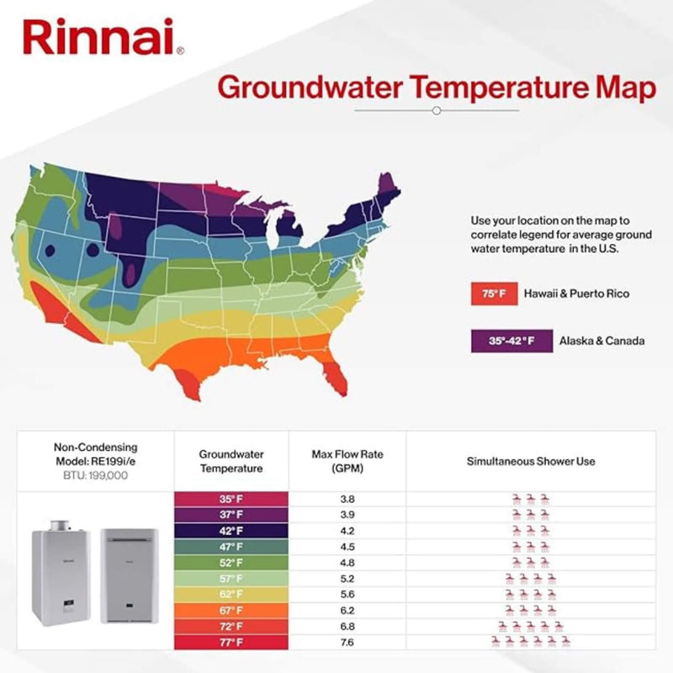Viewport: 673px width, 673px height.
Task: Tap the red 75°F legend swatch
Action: pos(490,294)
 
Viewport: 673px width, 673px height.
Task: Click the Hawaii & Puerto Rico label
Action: pos(576,294)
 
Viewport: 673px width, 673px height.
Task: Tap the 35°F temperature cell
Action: pos(231,499)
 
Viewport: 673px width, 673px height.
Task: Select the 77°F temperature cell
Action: pos(231,643)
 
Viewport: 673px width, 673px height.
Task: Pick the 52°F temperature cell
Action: pos(231,563)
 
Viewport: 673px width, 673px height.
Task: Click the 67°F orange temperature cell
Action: pos(231,611)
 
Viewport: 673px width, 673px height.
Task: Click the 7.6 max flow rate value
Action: pos(347,643)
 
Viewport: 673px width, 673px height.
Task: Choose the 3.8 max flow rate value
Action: pos(347,499)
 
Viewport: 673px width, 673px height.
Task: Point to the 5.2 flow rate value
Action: pos(347,579)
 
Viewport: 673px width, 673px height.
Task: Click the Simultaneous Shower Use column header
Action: pos(531,462)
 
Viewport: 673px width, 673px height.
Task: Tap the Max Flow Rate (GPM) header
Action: pos(347,461)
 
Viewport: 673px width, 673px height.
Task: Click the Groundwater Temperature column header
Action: pos(231,461)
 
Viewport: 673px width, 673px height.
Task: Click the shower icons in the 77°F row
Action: pos(531,643)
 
